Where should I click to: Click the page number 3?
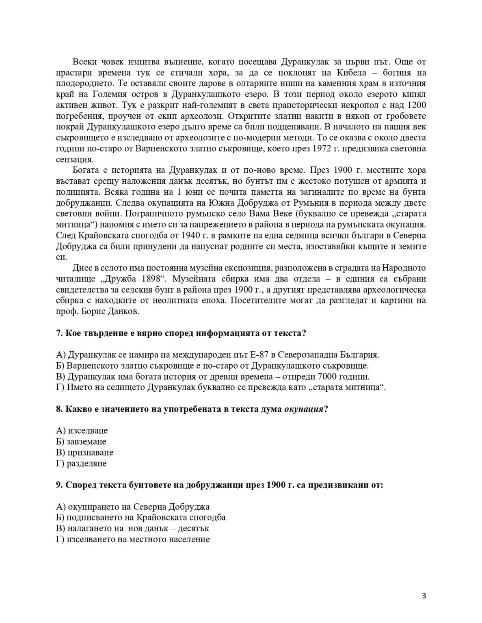click(x=424, y=596)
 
